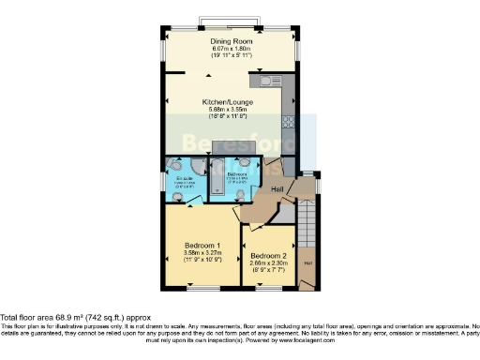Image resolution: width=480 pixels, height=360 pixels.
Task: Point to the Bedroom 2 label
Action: (x=268, y=256)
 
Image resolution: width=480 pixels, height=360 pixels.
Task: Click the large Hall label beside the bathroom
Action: (x=277, y=191)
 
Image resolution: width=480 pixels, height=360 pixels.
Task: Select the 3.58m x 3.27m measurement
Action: (x=202, y=253)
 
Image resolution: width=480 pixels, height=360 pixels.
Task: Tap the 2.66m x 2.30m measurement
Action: (x=268, y=264)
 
